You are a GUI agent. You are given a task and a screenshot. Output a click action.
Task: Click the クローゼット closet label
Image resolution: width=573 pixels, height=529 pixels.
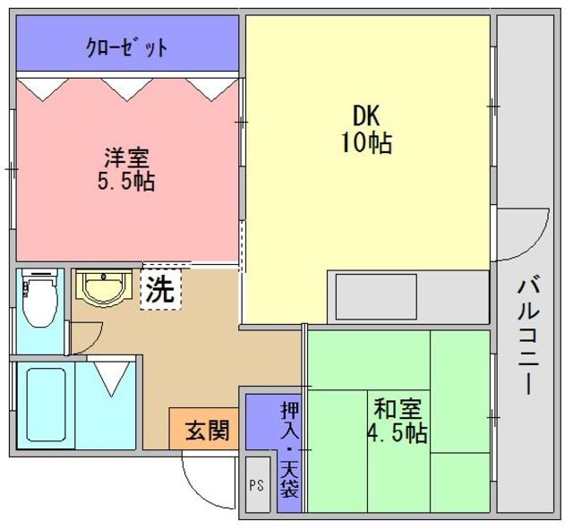pos(126,47)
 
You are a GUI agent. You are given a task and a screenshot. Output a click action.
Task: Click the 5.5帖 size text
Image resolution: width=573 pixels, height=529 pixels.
pos(126,181)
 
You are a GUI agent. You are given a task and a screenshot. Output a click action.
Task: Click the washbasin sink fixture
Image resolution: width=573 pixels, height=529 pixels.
pos(102,289)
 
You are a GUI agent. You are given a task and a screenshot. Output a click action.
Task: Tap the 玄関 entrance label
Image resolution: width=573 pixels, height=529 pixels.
pos(205,431)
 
